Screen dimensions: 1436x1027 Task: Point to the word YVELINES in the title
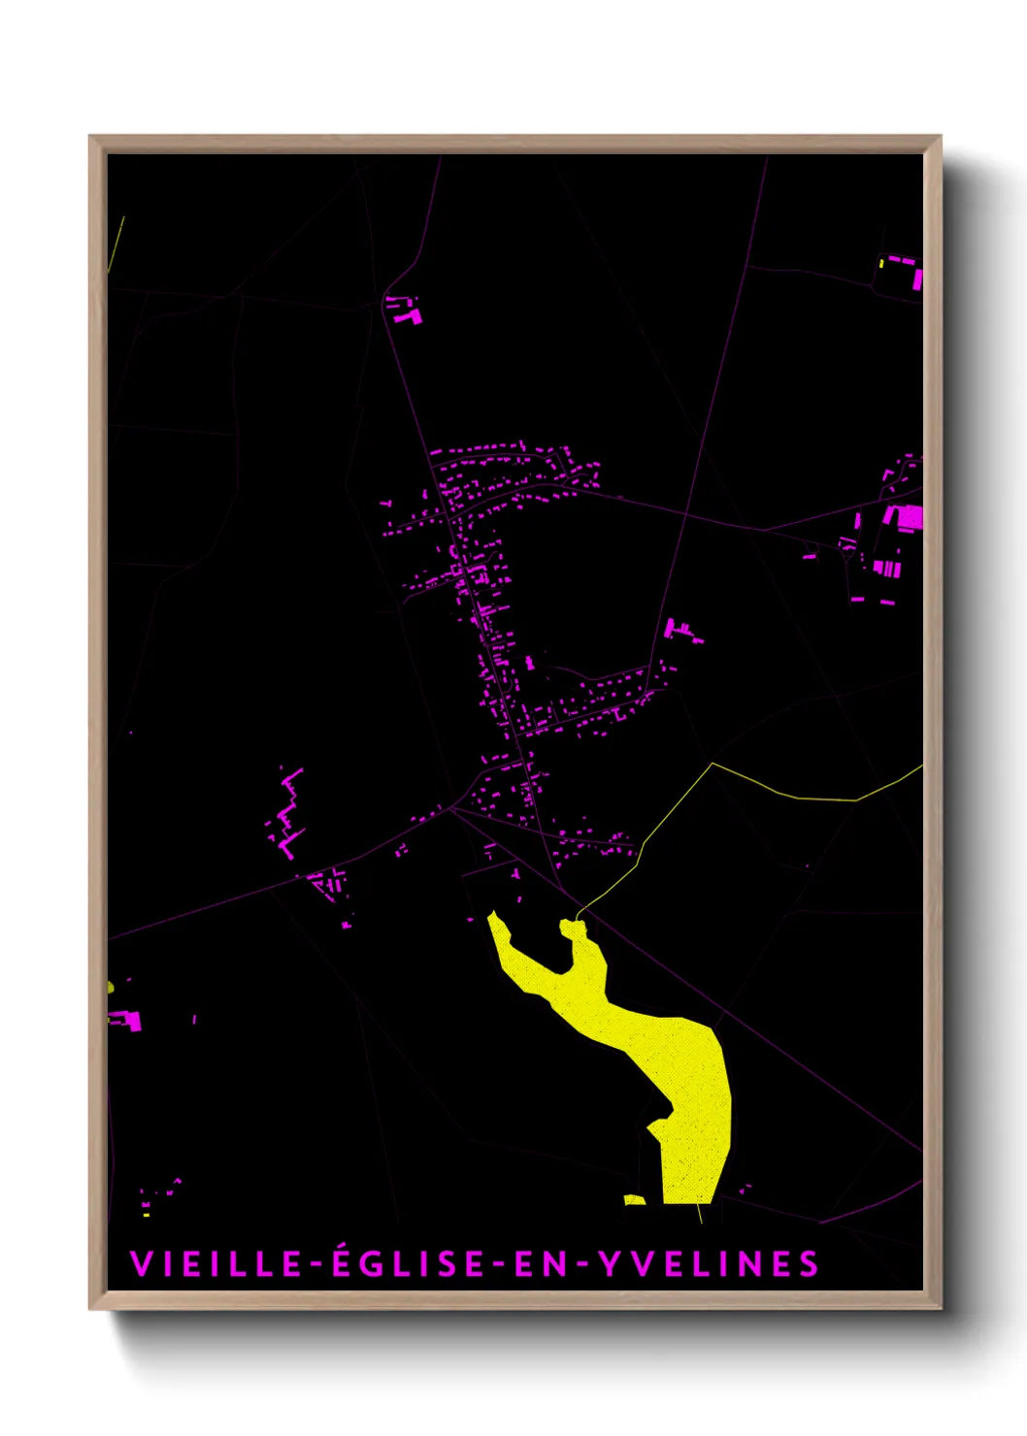(708, 1264)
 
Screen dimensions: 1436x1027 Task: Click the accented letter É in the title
(342, 1263)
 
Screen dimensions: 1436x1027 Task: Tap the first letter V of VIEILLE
(140, 1264)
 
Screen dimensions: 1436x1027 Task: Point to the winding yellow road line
(796, 797)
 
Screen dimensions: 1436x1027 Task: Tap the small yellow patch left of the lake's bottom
(634, 1200)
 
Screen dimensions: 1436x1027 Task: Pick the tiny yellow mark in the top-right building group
(881, 263)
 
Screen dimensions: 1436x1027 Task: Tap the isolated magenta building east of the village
(681, 631)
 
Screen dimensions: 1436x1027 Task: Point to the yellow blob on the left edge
(111, 987)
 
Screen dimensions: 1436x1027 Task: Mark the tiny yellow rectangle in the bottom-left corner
(147, 1214)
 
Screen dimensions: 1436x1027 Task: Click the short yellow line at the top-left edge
(117, 243)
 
